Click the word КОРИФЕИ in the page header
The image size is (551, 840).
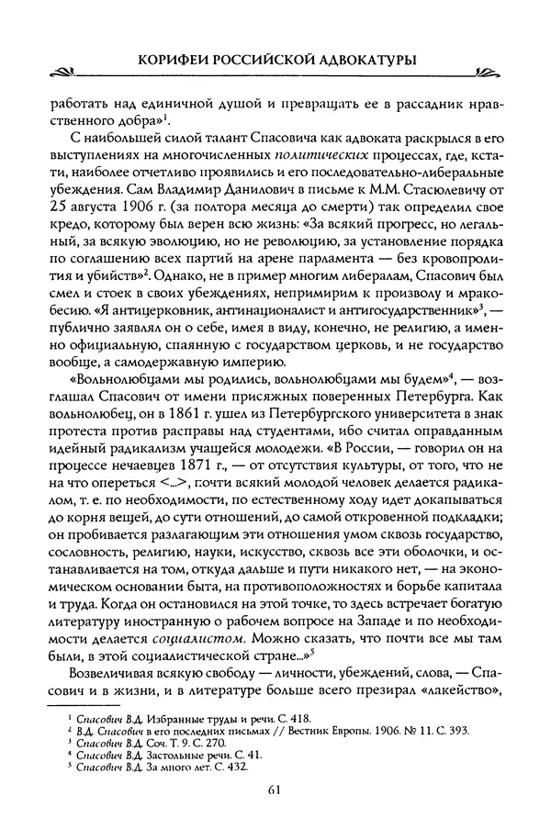[x=172, y=59]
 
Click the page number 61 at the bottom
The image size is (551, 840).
[x=275, y=789]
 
